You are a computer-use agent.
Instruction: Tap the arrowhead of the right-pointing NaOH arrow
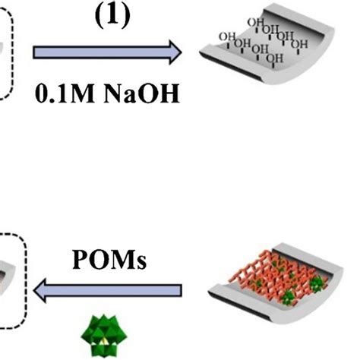click(x=174, y=52)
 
